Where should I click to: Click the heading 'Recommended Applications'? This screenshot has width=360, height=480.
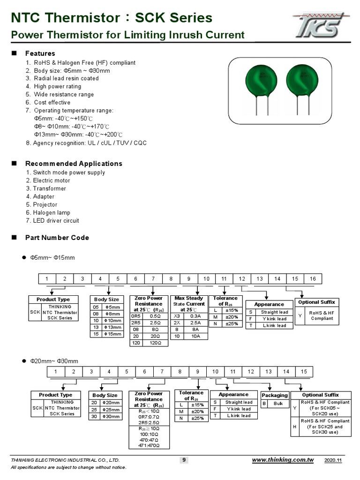pos(74,164)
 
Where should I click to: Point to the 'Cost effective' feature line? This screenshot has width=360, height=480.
pos(52,102)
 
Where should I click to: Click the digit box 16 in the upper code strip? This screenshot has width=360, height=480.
pos(313,279)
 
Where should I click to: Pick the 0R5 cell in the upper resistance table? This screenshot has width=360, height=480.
pos(135,316)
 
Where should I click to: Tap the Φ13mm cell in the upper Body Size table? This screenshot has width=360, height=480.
pos(112,327)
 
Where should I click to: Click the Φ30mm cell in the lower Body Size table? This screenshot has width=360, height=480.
pos(112,416)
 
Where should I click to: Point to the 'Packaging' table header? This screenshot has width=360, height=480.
pos(274,395)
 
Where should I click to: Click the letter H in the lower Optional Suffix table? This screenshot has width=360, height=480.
pos(294,427)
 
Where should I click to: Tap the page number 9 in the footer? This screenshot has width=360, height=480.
pos(184,460)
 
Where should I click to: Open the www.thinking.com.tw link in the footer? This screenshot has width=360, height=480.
pos(283,460)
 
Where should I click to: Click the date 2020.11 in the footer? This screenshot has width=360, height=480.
pos(334,460)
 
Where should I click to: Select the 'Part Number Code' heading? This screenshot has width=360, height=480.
pos(57,238)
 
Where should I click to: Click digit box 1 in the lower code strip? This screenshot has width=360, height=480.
pos(56,372)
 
